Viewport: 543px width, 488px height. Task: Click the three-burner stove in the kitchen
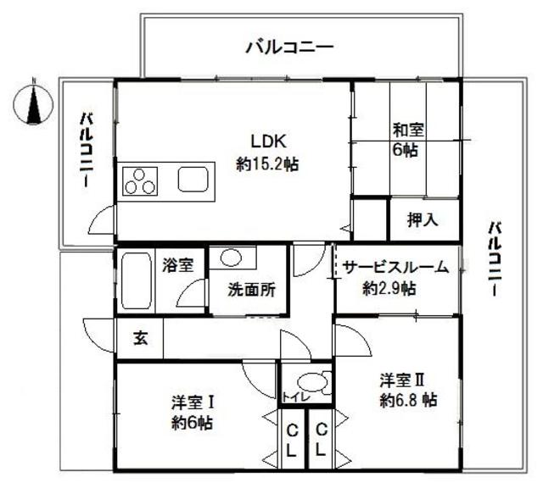tap(140, 180)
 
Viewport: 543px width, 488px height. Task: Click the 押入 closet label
tap(423, 220)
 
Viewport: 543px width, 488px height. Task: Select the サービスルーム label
tap(395, 268)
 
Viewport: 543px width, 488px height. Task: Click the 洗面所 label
tap(251, 288)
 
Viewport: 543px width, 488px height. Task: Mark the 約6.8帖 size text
tap(408, 400)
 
